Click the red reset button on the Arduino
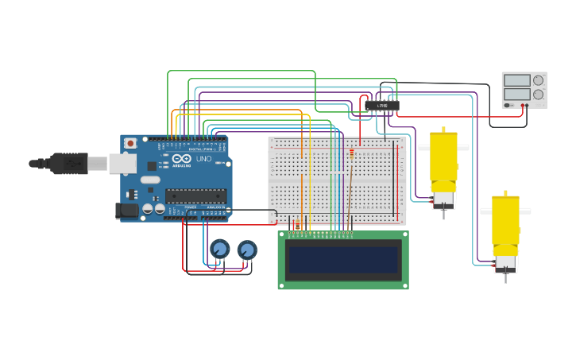pyautogui.click(x=130, y=143)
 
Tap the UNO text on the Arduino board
pyautogui.click(x=203, y=159)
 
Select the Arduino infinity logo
pyautogui.click(x=181, y=158)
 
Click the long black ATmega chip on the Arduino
pyautogui.click(x=195, y=195)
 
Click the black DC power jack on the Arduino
pyautogui.click(x=127, y=211)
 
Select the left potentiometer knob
pyautogui.click(x=220, y=250)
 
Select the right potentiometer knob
pyautogui.click(x=247, y=250)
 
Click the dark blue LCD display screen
pyautogui.click(x=343, y=260)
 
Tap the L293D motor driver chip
pyautogui.click(x=382, y=106)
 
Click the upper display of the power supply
pyautogui.click(x=516, y=80)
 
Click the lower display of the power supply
pyautogui.click(x=516, y=94)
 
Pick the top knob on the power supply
pyautogui.click(x=539, y=80)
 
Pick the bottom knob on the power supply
pyautogui.click(x=539, y=94)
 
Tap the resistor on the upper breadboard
pyautogui.click(x=352, y=153)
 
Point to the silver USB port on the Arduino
pyautogui.click(x=122, y=163)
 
